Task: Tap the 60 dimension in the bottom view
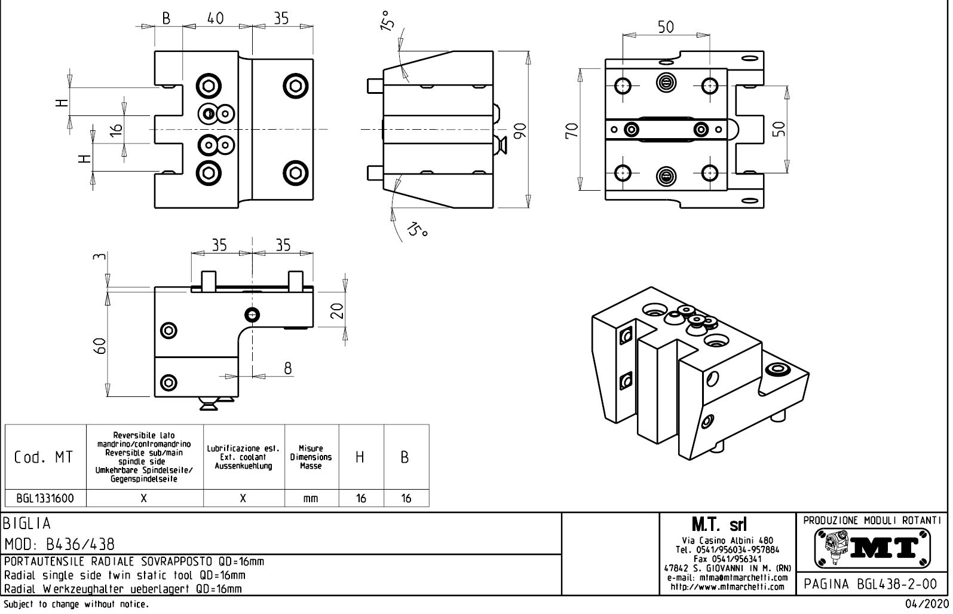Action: (x=100, y=346)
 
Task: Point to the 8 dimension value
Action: (x=287, y=368)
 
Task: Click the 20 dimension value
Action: (x=337, y=310)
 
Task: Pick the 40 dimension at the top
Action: (x=215, y=19)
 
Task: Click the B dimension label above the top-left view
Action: (x=166, y=19)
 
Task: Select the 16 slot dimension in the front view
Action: (x=117, y=129)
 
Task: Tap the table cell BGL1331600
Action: (x=45, y=498)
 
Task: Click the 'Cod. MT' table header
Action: (x=44, y=457)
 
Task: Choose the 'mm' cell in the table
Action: (x=311, y=499)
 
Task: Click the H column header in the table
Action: (x=360, y=457)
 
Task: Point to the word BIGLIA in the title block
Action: (x=27, y=524)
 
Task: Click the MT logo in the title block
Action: (x=873, y=547)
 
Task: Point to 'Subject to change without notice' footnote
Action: (x=76, y=604)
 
